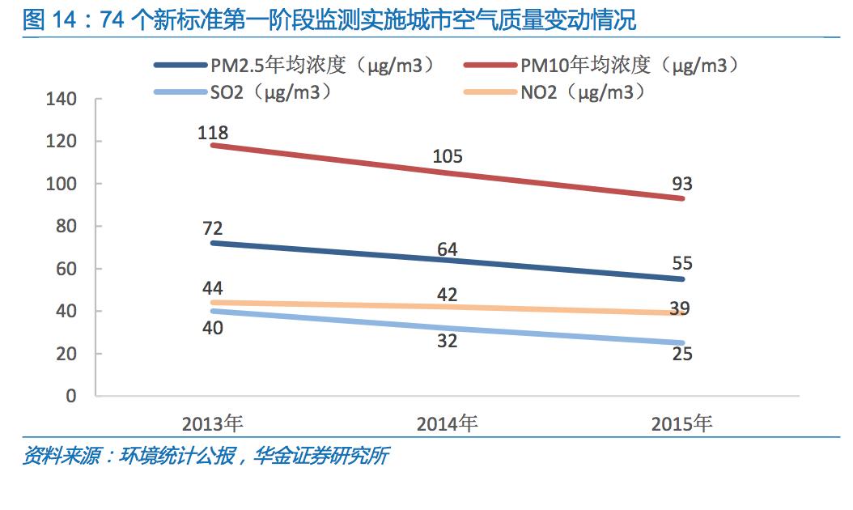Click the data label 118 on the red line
point(214,132)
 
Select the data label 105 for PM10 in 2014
point(447,156)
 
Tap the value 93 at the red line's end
point(681,185)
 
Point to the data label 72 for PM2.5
point(214,229)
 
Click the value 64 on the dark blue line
point(447,249)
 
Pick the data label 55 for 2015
point(681,264)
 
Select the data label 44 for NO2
point(214,289)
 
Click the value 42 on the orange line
point(447,294)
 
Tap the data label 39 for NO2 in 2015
point(681,309)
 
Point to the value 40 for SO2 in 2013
point(214,328)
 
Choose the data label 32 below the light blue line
point(447,341)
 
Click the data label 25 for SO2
point(681,354)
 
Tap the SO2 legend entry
point(246,92)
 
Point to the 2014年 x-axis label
point(447,423)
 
